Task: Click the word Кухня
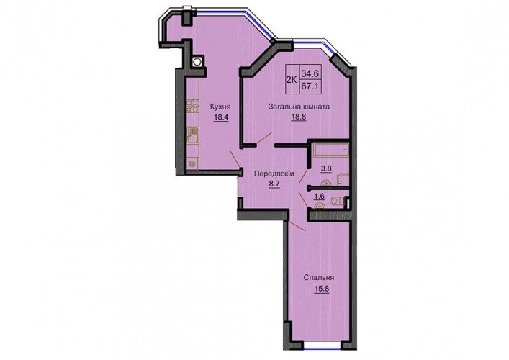tap(220, 107)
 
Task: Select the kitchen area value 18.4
tap(221, 117)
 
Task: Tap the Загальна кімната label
tap(299, 107)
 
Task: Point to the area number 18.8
tap(299, 117)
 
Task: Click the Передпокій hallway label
tap(274, 174)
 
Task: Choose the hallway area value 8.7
tap(274, 184)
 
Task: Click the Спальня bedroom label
tap(319, 278)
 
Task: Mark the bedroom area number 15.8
tap(321, 289)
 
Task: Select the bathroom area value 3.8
tap(326, 169)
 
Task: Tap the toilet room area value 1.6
tap(320, 196)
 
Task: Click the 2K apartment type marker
tap(292, 80)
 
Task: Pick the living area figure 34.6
tap(310, 73)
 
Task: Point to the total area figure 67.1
tap(310, 87)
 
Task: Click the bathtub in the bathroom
tap(331, 150)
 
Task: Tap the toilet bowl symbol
tap(337, 202)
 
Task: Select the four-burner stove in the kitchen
tap(192, 106)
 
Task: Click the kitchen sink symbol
tap(192, 135)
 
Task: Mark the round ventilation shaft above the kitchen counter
tap(197, 62)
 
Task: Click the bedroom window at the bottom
tap(323, 348)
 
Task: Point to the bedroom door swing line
tap(297, 226)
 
